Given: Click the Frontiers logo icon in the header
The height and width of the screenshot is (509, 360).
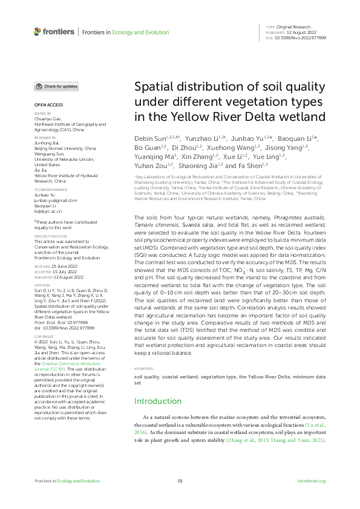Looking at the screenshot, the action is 38,31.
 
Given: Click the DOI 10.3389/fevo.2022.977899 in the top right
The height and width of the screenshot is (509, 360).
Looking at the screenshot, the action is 301,37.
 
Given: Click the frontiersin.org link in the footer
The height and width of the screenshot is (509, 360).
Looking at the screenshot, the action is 312,481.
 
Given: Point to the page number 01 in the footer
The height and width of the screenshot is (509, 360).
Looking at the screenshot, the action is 180,481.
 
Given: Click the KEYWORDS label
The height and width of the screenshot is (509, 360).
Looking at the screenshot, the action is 143,368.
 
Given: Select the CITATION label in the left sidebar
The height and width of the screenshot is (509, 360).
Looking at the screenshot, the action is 42,285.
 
